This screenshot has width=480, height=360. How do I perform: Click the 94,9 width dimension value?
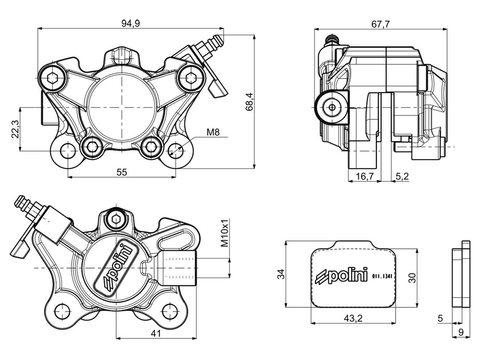click(131, 23)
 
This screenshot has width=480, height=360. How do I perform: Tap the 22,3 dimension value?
click(15, 129)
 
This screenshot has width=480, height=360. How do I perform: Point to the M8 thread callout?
click(213, 132)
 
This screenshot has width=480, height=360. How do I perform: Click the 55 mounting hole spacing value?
click(122, 172)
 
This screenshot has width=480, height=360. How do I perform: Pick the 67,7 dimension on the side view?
click(380, 24)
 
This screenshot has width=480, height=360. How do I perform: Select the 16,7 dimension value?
click(364, 177)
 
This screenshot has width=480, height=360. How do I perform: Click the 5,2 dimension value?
click(402, 177)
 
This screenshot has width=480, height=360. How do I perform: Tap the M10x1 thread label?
click(225, 233)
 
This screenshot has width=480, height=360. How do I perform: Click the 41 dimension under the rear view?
click(156, 333)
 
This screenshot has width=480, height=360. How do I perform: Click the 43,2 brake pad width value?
click(353, 318)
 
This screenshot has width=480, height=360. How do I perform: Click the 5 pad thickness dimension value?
click(441, 318)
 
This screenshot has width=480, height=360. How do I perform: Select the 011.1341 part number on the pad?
click(382, 276)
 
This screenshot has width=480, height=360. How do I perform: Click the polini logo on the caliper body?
click(117, 267)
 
